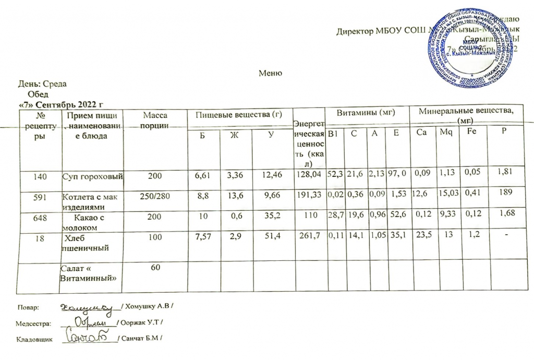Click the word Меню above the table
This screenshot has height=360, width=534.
(x=271, y=74)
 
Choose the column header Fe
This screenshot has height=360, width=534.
(x=471, y=133)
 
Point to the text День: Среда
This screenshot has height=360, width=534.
(x=43, y=83)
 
